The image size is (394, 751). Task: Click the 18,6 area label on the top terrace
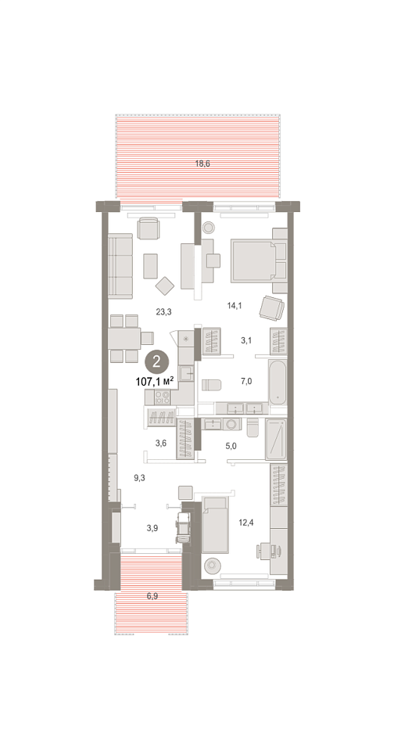click(x=202, y=163)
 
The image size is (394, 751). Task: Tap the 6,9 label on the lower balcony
click(x=152, y=596)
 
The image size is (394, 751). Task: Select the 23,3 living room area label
click(x=163, y=312)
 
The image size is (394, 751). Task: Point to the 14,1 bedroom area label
click(x=233, y=304)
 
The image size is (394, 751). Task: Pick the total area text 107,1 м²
click(x=155, y=382)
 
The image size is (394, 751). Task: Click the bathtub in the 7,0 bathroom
click(x=278, y=382)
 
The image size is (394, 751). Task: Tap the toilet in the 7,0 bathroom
click(x=212, y=386)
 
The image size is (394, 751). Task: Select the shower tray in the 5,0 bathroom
click(x=276, y=440)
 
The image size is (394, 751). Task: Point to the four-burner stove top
click(x=163, y=397)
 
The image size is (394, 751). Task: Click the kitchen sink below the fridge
click(x=186, y=372)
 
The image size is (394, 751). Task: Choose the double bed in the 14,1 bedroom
click(x=254, y=261)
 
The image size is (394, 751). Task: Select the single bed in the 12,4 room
click(x=215, y=525)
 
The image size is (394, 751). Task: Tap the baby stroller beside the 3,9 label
click(x=182, y=527)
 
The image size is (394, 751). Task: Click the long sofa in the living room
click(x=120, y=266)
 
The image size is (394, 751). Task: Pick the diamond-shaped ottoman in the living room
click(x=165, y=286)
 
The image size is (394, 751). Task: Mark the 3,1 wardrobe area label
click(x=246, y=340)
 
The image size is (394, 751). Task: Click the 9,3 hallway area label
click(x=139, y=477)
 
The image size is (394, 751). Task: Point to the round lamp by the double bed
click(x=208, y=228)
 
